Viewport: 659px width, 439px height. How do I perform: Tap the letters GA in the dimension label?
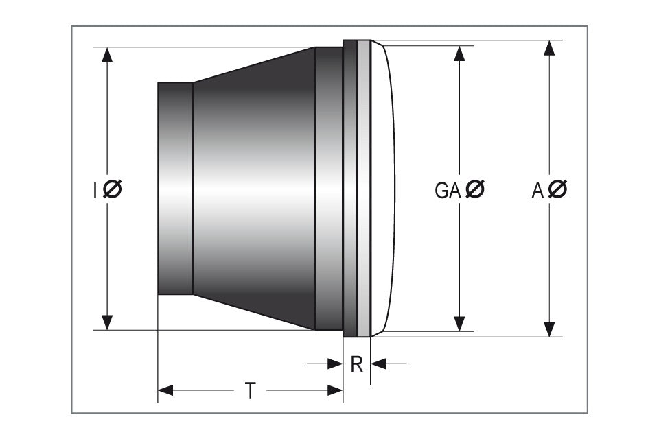[447, 190]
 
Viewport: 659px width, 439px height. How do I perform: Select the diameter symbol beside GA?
[474, 189]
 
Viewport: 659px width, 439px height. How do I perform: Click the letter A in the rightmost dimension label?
[537, 190]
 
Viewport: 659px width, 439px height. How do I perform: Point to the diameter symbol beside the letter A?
[557, 189]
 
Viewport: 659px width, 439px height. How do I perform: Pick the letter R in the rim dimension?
[356, 364]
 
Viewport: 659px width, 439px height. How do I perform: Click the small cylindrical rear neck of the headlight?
[175, 189]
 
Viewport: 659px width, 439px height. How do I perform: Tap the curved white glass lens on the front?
[384, 189]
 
